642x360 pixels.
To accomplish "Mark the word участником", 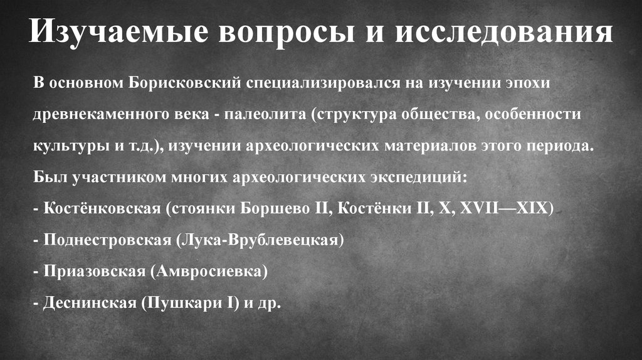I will click(115, 177).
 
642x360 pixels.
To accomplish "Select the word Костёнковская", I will click(103, 208).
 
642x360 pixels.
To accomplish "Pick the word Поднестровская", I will click(108, 240).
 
